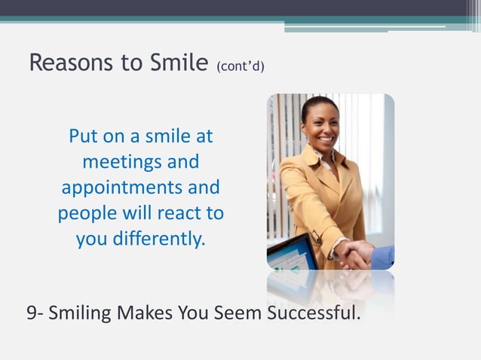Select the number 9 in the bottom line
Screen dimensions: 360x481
(x=32, y=312)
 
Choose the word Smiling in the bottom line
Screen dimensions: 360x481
(x=82, y=312)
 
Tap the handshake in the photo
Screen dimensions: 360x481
(x=354, y=252)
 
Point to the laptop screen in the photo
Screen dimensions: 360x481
(x=290, y=255)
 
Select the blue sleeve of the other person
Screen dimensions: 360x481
(x=384, y=257)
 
